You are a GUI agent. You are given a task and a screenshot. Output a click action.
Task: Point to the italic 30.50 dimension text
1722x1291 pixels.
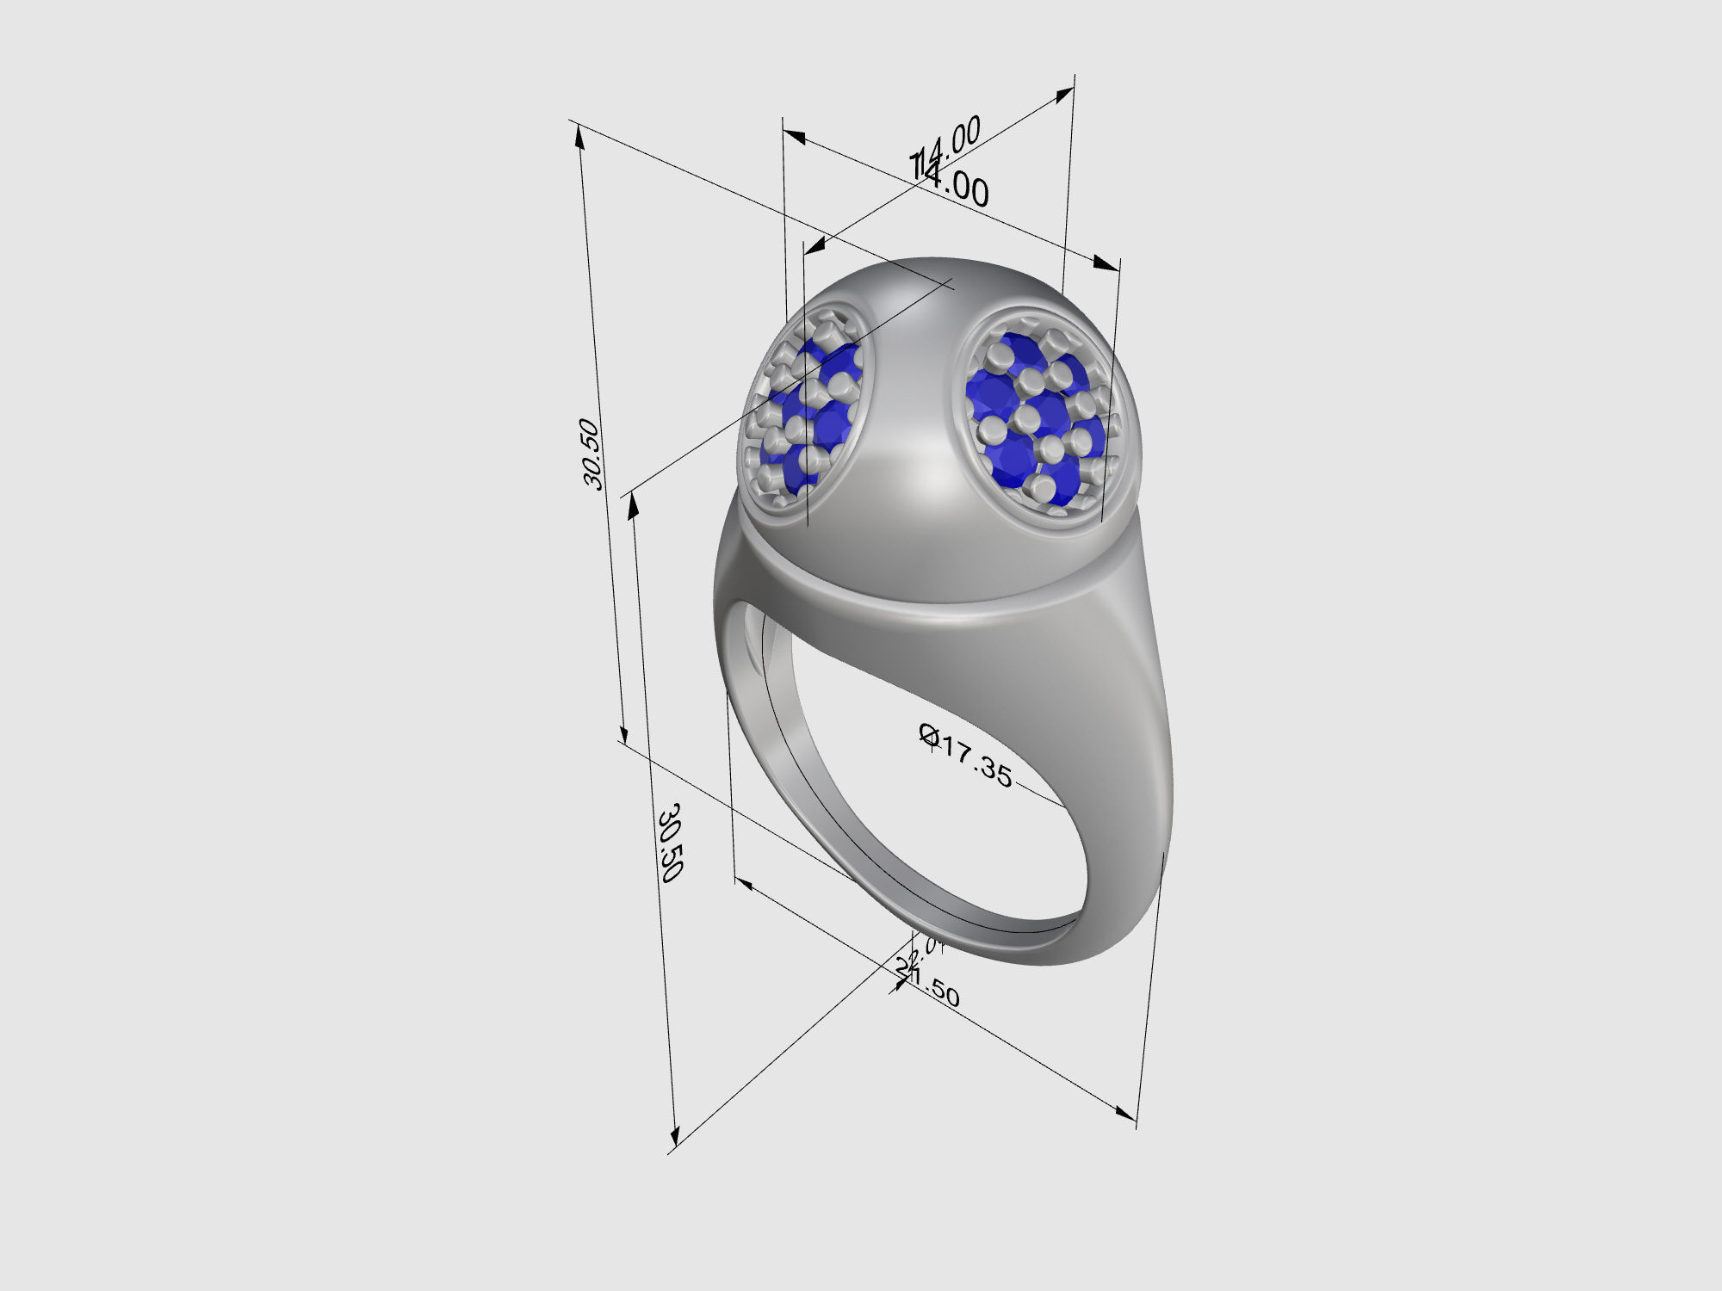tap(592, 454)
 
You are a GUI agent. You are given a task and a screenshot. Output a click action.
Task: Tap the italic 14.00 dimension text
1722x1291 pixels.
tap(947, 148)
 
